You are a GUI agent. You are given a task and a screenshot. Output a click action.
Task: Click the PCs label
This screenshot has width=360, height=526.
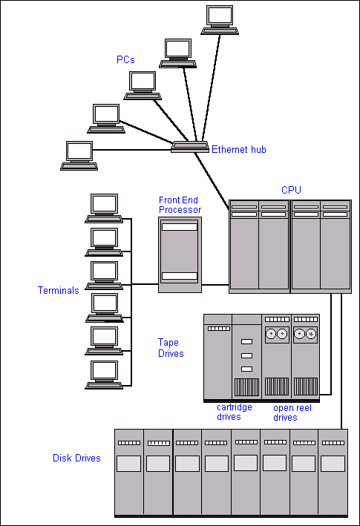(x=125, y=59)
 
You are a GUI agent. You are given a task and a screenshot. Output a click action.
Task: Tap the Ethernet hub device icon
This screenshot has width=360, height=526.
(x=190, y=147)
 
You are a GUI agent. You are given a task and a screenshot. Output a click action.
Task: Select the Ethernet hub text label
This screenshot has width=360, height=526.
(x=239, y=149)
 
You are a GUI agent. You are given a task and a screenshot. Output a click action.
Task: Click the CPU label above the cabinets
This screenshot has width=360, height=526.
(x=291, y=190)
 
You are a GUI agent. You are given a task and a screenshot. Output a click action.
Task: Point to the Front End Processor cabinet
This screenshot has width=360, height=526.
(x=180, y=254)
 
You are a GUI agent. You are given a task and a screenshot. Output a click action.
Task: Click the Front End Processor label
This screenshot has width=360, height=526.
(x=180, y=205)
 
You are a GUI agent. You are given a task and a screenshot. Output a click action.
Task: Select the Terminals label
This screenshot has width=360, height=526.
(x=59, y=290)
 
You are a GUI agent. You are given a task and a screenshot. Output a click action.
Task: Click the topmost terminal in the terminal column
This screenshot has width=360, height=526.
(x=104, y=208)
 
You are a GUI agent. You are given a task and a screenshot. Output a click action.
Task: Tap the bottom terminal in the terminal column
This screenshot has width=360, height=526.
(x=104, y=375)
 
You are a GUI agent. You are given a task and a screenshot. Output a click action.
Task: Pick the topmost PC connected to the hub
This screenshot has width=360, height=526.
(x=220, y=20)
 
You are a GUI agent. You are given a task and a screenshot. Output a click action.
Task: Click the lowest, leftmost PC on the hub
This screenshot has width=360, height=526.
(x=79, y=156)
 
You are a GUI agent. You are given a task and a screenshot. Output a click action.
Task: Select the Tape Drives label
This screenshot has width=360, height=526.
(x=171, y=348)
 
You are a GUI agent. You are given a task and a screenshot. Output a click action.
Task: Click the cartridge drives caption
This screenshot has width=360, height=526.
(x=234, y=412)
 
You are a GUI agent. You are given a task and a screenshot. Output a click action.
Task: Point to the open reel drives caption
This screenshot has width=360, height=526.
(x=292, y=412)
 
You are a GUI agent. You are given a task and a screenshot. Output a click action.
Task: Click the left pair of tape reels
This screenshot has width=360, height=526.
(x=277, y=334)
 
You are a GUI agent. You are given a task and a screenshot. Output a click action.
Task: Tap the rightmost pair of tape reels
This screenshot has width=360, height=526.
(x=305, y=334)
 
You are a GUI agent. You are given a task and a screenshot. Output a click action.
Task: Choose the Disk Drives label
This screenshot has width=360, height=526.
(x=76, y=458)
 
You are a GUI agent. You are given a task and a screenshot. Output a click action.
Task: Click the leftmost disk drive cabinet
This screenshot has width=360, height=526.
(x=129, y=473)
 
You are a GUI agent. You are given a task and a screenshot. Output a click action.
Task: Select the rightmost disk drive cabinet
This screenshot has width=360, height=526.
(x=333, y=473)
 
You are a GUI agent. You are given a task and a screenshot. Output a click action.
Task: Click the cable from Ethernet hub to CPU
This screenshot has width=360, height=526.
(x=212, y=181)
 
